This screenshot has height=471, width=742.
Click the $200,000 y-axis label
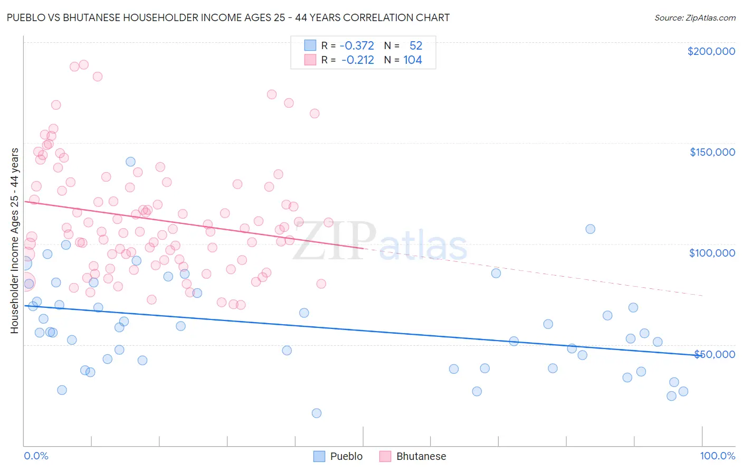pyautogui.click(x=711, y=51)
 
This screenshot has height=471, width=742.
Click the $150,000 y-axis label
pyautogui.click(x=712, y=152)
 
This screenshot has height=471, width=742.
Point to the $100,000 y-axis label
pyautogui.click(x=712, y=253)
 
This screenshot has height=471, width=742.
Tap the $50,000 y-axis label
pyautogui.click(x=714, y=354)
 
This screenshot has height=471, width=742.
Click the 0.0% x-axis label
pyautogui.click(x=36, y=456)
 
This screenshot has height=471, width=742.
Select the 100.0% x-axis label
pyautogui.click(x=717, y=456)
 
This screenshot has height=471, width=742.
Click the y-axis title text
pyautogui.click(x=14, y=241)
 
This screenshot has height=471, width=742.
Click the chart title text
pyautogui.click(x=228, y=17)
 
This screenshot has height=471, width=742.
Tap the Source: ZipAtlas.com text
pyautogui.click(x=695, y=17)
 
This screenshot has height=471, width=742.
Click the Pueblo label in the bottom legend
pyautogui.click(x=346, y=456)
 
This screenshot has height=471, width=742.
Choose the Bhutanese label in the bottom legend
pyautogui.click(x=421, y=456)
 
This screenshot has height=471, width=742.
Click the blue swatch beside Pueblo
pyautogui.click(x=319, y=456)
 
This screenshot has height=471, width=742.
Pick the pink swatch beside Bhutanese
pyautogui.click(x=385, y=456)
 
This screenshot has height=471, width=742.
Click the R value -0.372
pyautogui.click(x=357, y=45)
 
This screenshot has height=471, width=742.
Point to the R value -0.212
pyautogui.click(x=358, y=60)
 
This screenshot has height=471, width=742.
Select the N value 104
pyautogui.click(x=413, y=60)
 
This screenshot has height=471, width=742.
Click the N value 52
pyautogui.click(x=416, y=45)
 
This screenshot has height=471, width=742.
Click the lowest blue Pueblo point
pyautogui.click(x=317, y=413)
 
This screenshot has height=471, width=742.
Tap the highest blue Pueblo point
pyautogui.click(x=130, y=162)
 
